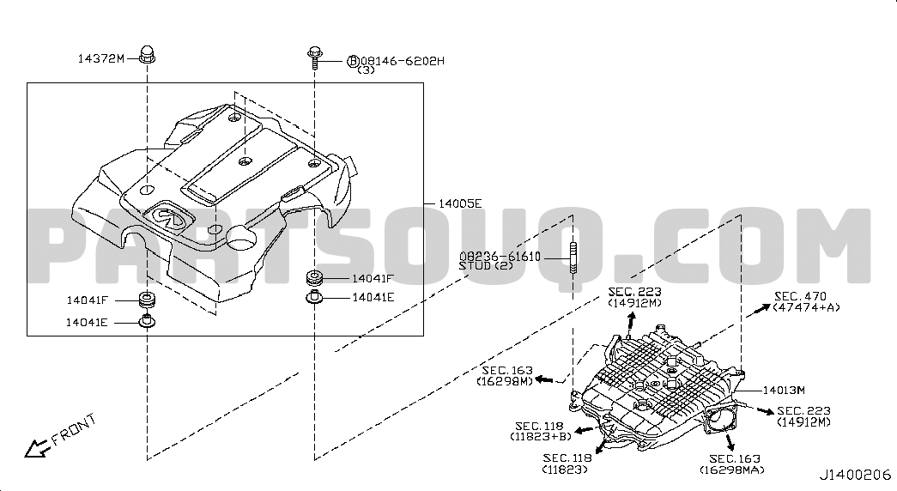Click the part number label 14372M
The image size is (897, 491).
[100, 58]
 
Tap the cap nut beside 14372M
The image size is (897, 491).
[148, 54]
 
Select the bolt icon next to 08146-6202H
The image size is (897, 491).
[314, 58]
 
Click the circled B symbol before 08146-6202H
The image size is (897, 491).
[353, 61]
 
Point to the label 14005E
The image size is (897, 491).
[460, 203]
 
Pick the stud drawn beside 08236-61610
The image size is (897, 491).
[572, 258]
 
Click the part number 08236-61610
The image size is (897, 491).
[500, 257]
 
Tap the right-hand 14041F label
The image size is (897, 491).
[373, 278]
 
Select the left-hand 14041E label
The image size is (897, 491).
[87, 322]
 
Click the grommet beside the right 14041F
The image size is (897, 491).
[315, 277]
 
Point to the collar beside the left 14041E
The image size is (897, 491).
[148, 321]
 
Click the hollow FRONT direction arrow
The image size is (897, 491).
[37, 447]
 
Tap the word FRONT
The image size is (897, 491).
[75, 429]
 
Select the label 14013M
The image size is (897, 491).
[784, 391]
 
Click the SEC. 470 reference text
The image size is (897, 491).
[800, 296]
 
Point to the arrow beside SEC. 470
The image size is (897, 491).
[757, 310]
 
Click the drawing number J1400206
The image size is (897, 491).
[855, 475]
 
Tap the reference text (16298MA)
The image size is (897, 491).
[731, 470]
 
